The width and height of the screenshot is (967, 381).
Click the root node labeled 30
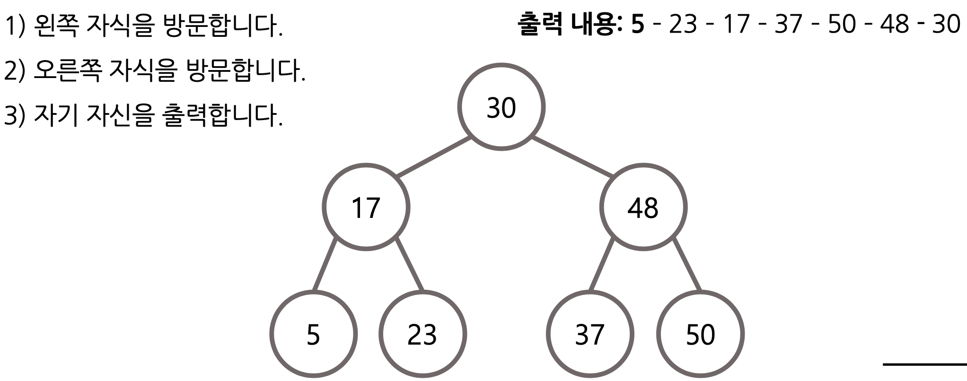tap(501, 107)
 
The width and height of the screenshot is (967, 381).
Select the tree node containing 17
tap(366, 208)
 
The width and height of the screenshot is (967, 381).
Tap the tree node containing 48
tap(643, 208)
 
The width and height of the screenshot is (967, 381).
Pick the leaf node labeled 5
tap(313, 334)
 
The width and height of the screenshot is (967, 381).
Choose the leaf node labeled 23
tap(422, 334)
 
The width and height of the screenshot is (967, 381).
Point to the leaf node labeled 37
tap(589, 334)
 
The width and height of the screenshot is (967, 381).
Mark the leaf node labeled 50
tap(700, 334)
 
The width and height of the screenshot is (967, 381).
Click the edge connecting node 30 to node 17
tap(433, 157)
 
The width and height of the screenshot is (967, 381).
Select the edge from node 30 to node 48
tap(572, 157)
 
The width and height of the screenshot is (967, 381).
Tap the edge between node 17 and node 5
tap(325, 265)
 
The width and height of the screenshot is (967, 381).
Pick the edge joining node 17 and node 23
tap(409, 265)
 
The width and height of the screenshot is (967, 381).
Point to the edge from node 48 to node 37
tap(601, 265)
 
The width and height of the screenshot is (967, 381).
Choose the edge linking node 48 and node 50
tap(687, 265)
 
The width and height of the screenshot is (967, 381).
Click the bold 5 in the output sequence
tap(638, 24)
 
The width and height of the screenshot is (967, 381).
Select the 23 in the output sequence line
tap(683, 24)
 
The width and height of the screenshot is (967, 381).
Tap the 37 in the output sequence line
tap(789, 24)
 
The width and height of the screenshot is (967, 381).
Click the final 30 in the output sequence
tap(946, 24)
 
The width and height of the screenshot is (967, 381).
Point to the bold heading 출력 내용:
tap(571, 24)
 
